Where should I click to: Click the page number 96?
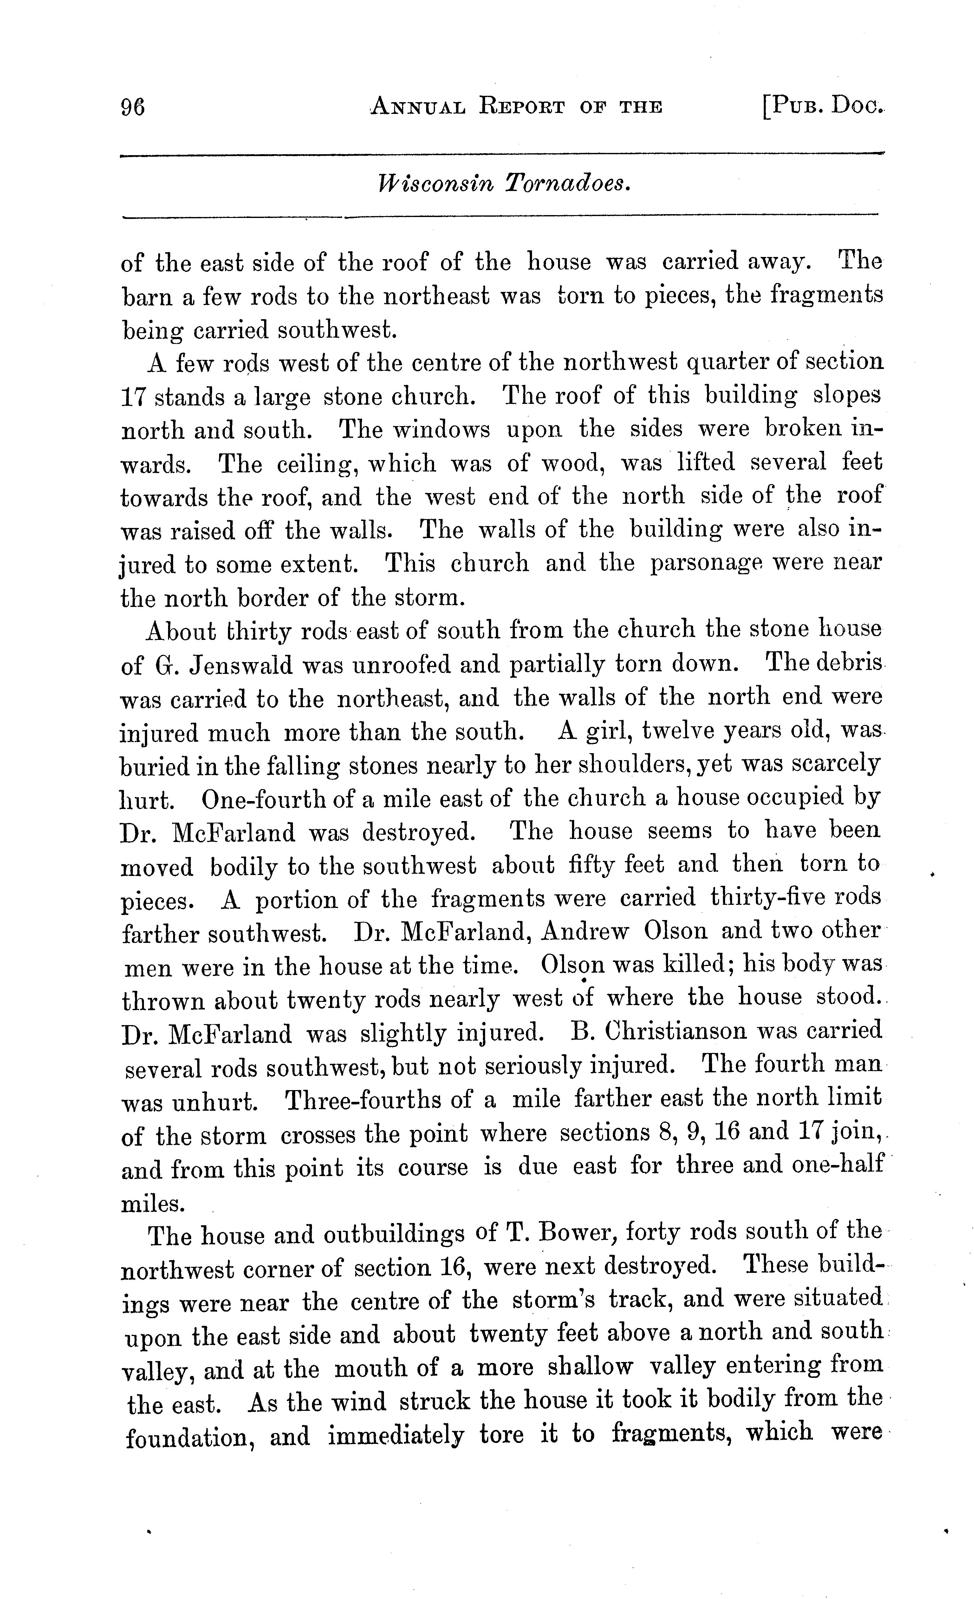tap(133, 106)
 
